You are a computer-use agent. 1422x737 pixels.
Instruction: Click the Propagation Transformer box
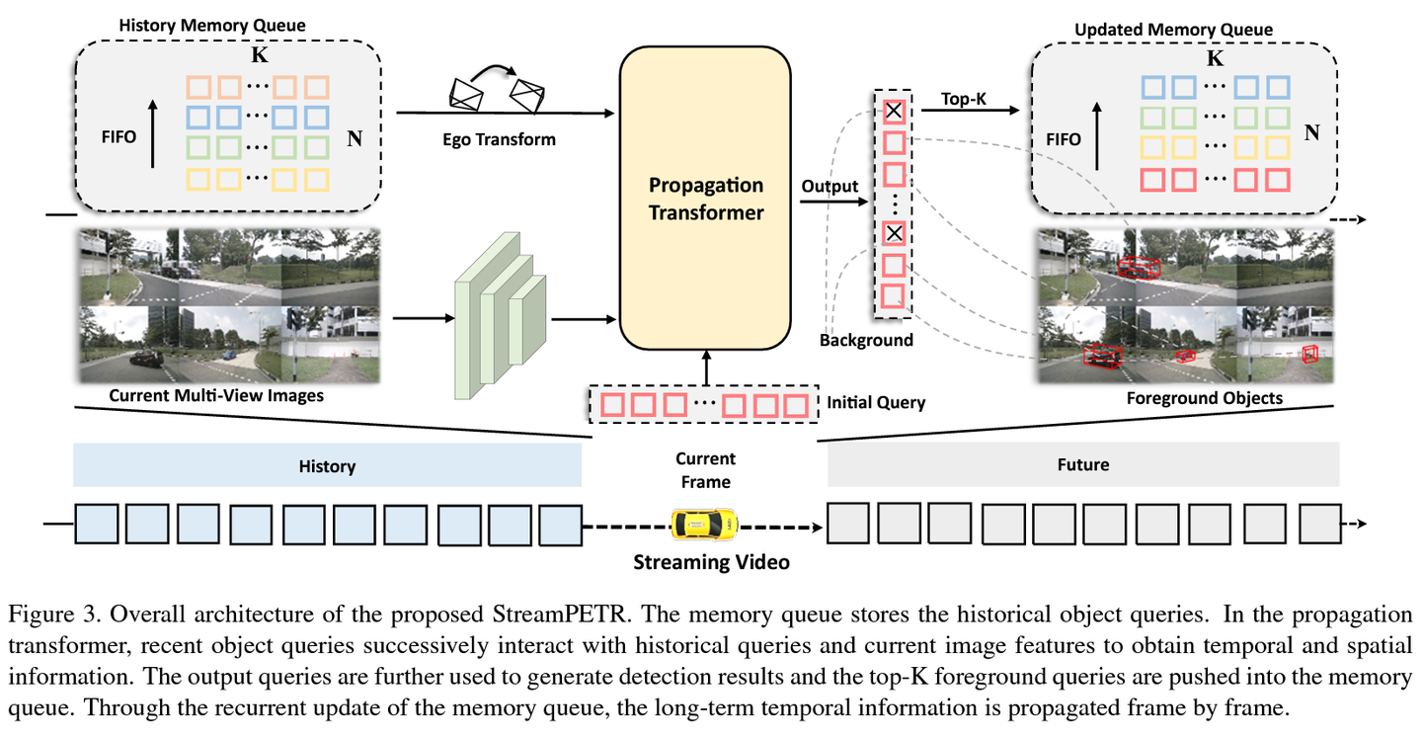(705, 198)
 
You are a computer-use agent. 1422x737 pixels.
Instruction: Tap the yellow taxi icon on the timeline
(704, 524)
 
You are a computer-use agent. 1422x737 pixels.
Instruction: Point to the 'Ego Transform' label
(500, 139)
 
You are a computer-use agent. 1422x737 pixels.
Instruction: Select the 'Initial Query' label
(876, 403)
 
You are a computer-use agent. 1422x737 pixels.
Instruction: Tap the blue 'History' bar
(327, 465)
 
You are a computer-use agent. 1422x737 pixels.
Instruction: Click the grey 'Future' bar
(1083, 464)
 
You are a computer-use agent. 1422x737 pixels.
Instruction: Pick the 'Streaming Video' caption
(711, 563)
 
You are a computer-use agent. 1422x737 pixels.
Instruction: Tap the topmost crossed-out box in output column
(893, 112)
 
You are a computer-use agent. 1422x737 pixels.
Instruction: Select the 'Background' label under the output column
(866, 340)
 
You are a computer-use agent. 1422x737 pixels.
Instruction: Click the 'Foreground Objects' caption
(1204, 398)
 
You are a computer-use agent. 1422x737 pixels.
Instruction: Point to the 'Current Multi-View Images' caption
(216, 396)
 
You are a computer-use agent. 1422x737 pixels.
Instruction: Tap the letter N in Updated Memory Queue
(1311, 132)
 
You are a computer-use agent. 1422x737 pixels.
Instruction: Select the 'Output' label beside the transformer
(829, 187)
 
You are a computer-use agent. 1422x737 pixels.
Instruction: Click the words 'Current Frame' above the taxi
(705, 470)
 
